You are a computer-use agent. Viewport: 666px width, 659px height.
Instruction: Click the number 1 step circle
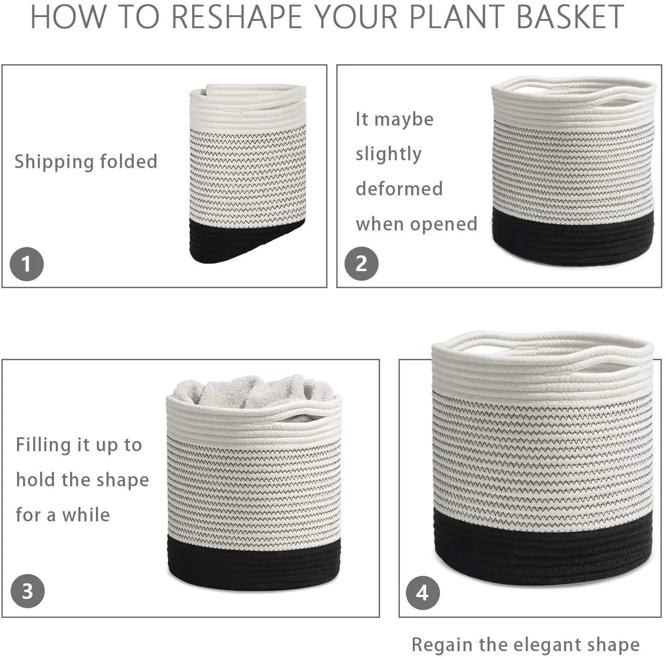click(27, 264)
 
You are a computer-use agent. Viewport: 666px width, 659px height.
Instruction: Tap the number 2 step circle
click(362, 264)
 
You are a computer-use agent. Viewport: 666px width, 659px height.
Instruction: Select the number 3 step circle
click(28, 591)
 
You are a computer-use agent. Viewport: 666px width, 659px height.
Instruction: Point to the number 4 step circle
click(422, 593)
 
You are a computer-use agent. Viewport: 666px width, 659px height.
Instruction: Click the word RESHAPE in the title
click(237, 17)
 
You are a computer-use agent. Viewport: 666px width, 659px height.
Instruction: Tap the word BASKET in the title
click(571, 17)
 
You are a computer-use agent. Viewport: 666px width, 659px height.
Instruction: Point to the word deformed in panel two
click(399, 188)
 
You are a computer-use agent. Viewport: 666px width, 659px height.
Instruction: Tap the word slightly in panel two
click(388, 154)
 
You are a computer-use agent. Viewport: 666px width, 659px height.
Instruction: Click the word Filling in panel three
click(43, 445)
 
